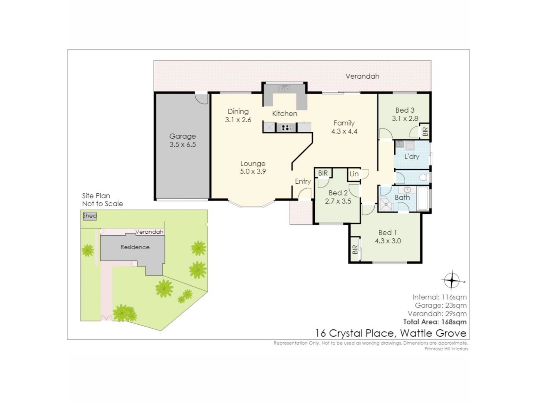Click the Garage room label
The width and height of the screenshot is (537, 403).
pyautogui.click(x=182, y=136)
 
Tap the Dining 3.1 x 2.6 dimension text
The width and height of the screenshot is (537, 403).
pyautogui.click(x=238, y=120)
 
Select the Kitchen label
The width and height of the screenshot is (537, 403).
pyautogui.click(x=284, y=113)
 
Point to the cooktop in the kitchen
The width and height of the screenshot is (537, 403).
pyautogui.click(x=286, y=128)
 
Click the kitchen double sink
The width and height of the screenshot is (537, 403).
pyautogui.click(x=284, y=88)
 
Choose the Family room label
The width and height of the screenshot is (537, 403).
pyautogui.click(x=344, y=123)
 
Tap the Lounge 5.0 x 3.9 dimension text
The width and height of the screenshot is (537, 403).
pyautogui.click(x=253, y=171)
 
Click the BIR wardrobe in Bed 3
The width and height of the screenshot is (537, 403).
pyautogui.click(x=425, y=131)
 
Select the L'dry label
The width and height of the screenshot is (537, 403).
pyautogui.click(x=412, y=156)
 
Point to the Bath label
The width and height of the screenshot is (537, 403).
pyautogui.click(x=402, y=197)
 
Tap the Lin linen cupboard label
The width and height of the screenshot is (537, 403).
pyautogui.click(x=354, y=174)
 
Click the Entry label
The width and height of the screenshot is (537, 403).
pyautogui.click(x=303, y=181)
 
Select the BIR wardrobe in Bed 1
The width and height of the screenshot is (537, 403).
pyautogui.click(x=355, y=249)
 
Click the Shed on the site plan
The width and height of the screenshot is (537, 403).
pyautogui.click(x=90, y=216)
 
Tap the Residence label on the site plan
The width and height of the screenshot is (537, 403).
pyautogui.click(x=135, y=247)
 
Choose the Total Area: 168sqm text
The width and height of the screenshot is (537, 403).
pyautogui.click(x=435, y=322)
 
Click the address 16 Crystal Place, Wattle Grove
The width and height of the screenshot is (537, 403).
pyautogui.click(x=391, y=333)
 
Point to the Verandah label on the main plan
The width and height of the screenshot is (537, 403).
pyautogui.click(x=362, y=76)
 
